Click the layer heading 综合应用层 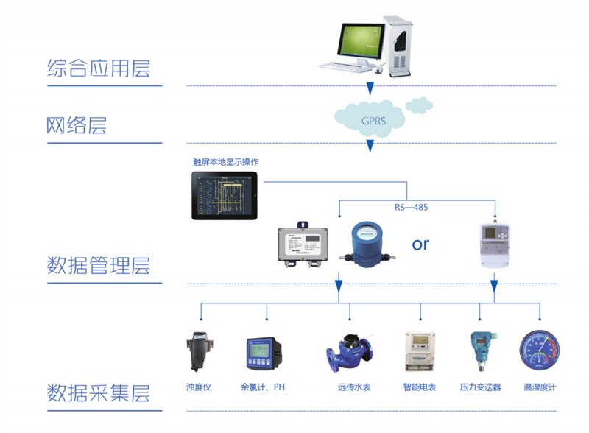click(x=99, y=69)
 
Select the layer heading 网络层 click(x=77, y=125)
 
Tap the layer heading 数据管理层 click(x=99, y=265)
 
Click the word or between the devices click(x=420, y=244)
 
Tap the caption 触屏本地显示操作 click(x=225, y=162)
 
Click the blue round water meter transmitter click(x=365, y=240)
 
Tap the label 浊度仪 click(x=199, y=387)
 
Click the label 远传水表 click(x=354, y=387)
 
